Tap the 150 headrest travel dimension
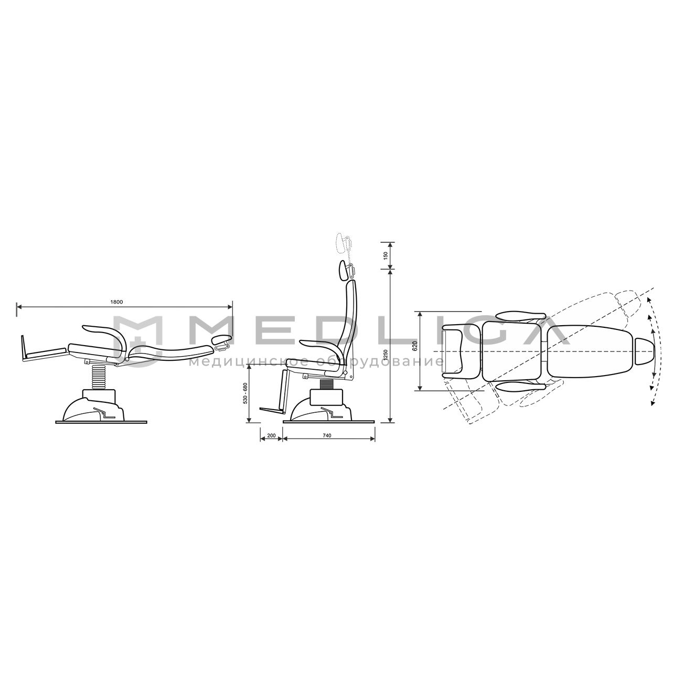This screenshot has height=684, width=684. (x=386, y=255)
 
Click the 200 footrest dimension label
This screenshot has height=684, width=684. (x=271, y=435)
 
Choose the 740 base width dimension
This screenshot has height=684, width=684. (x=327, y=435)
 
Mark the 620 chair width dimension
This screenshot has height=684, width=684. (x=415, y=346)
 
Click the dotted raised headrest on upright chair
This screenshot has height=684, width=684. (x=344, y=243)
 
